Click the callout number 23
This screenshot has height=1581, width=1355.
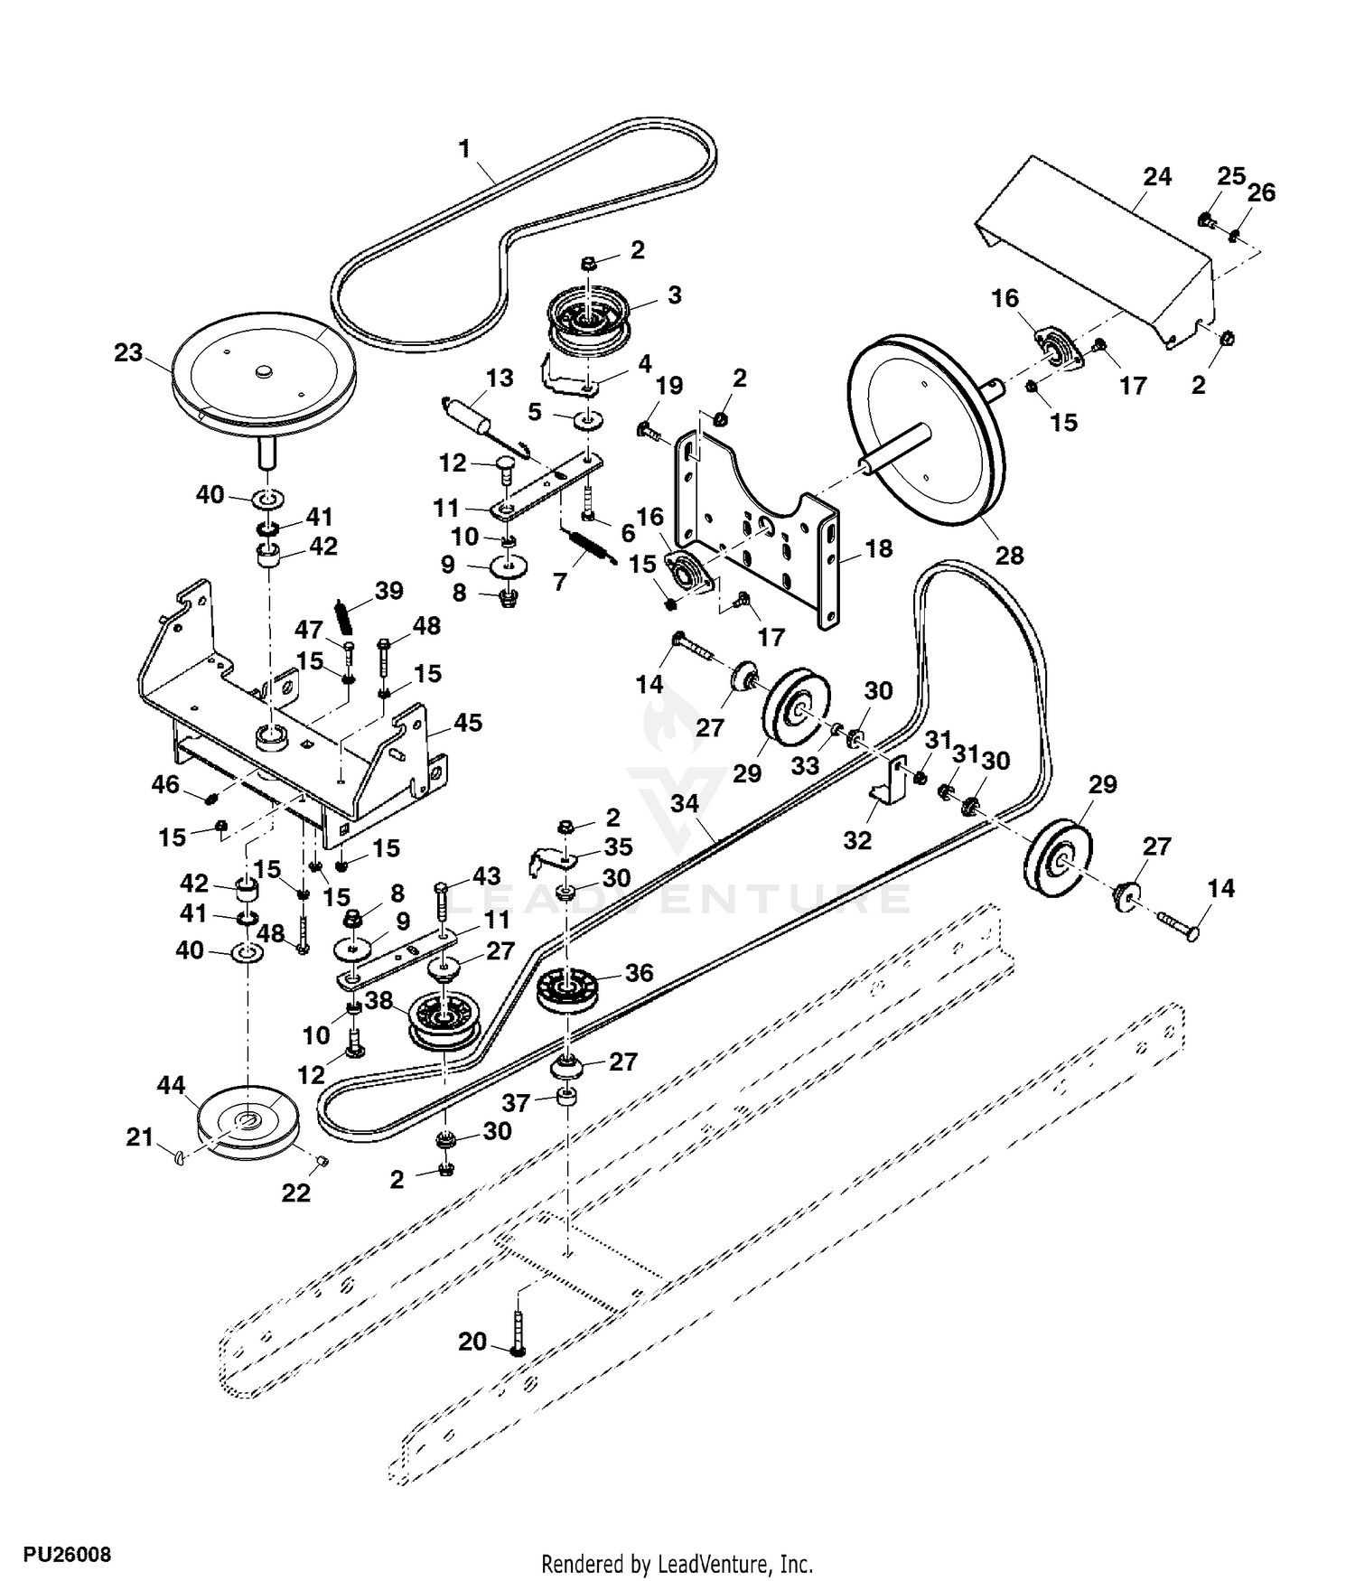[128, 352]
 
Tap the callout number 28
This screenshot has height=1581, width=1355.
[1009, 555]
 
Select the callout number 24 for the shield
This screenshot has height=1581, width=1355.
[1156, 177]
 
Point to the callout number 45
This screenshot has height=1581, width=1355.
[467, 723]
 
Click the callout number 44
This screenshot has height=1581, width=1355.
[173, 1084]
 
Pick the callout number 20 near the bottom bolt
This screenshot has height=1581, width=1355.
[472, 1342]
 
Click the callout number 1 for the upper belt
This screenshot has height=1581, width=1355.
[465, 147]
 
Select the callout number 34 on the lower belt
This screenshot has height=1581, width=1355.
[687, 804]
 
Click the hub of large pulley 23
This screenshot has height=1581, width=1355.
[263, 370]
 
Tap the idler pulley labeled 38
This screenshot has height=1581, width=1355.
[443, 1024]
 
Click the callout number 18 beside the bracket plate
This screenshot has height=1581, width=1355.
[879, 548]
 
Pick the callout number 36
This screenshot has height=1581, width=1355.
[639, 973]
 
